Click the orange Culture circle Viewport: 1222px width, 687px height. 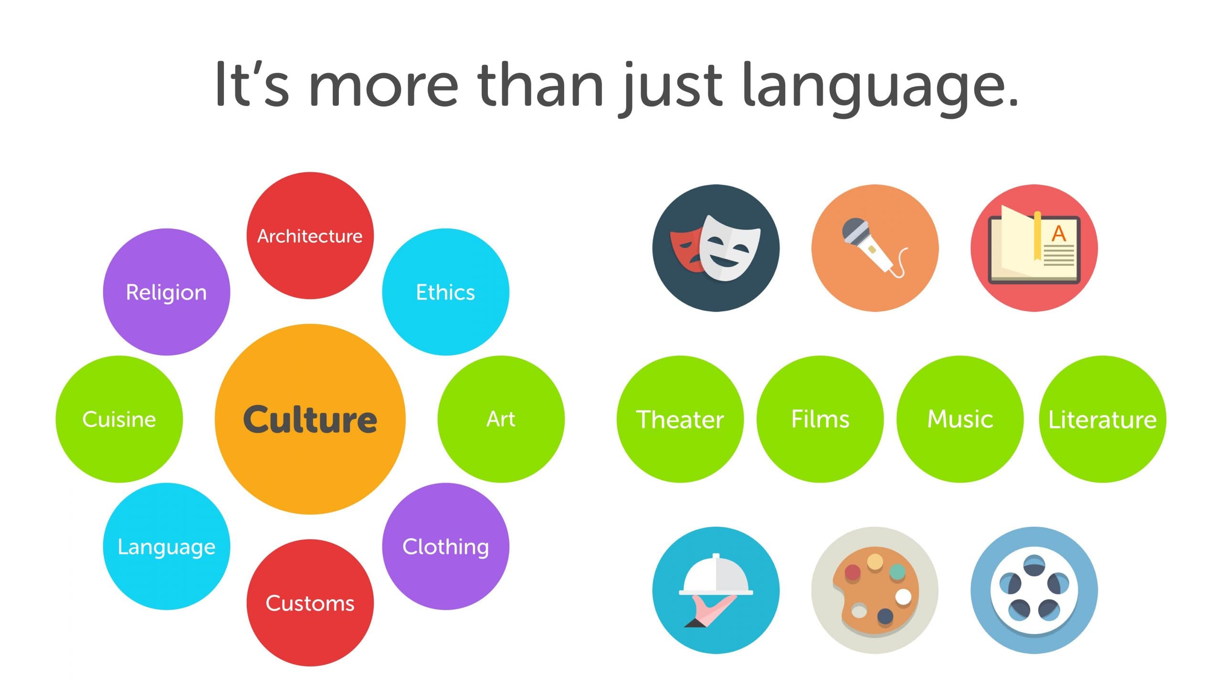(310, 419)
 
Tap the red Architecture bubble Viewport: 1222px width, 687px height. (310, 236)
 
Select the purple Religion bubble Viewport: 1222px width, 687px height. (167, 292)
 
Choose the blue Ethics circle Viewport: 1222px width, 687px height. (446, 292)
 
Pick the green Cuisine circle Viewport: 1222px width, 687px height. (119, 419)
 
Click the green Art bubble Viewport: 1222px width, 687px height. (501, 419)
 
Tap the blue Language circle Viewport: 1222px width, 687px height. (167, 546)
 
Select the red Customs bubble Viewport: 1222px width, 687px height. (310, 603)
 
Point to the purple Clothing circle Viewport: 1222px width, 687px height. (446, 546)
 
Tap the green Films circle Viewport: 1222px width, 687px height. (820, 419)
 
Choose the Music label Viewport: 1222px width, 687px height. (960, 419)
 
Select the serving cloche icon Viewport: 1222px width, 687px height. (716, 590)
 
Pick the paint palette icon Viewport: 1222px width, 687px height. (875, 590)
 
